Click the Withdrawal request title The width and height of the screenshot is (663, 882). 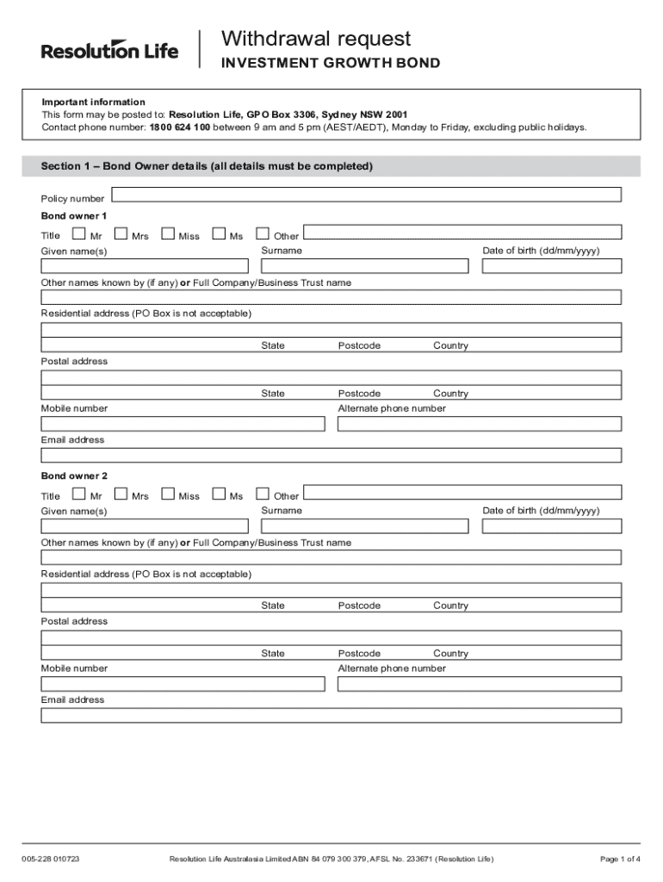coord(315,39)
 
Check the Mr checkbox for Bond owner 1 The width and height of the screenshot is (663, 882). coord(79,233)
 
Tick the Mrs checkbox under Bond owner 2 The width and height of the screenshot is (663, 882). coord(121,494)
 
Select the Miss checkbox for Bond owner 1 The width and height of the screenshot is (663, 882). coord(167,233)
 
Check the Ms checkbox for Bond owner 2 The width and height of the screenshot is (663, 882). coord(219,494)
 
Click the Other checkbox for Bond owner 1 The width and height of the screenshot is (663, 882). coord(263,233)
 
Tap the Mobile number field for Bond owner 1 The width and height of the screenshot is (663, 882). coord(183,424)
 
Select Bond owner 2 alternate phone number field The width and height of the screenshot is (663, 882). coord(479,684)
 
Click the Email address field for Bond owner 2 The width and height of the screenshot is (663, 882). coord(331,715)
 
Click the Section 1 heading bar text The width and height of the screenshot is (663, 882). coord(207,166)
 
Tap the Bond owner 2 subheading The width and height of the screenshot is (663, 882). coord(74,475)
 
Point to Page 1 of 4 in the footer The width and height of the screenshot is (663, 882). coord(620,859)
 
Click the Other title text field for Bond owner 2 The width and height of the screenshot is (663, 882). coord(463,492)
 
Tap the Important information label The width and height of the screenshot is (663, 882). coord(94,102)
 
